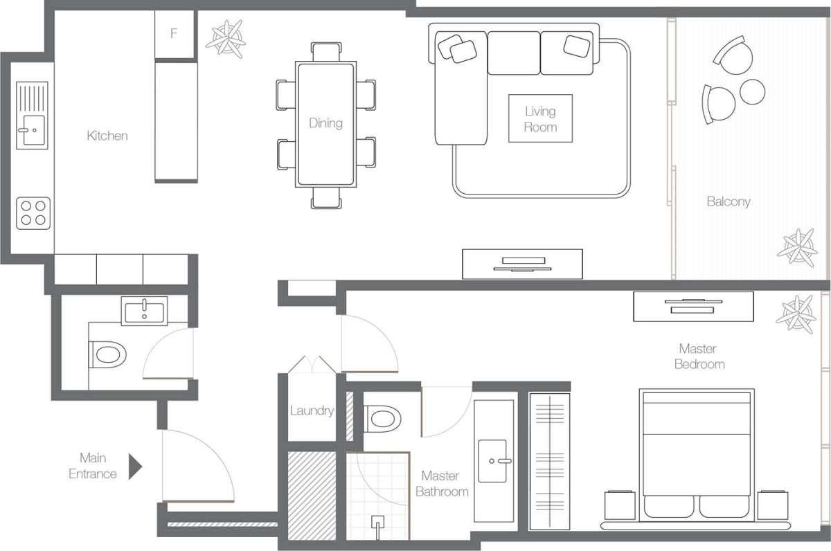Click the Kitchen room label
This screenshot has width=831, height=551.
[x=107, y=136]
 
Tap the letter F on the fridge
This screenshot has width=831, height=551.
[x=174, y=33]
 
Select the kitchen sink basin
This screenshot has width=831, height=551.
[x=34, y=129]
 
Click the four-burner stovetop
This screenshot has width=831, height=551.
[x=33, y=213]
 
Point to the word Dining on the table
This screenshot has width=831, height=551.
[x=325, y=123]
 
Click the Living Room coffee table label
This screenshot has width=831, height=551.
[x=540, y=119]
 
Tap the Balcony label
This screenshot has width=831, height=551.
[x=729, y=201]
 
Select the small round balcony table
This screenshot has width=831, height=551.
[x=752, y=91]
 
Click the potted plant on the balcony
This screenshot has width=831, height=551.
[x=797, y=248]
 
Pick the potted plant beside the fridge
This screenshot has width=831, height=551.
[x=226, y=39]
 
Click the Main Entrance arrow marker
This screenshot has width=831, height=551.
[x=135, y=466]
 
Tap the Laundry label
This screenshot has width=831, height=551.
[x=312, y=410]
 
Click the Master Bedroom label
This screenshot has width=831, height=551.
[x=699, y=356]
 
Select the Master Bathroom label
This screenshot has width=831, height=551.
[x=442, y=484]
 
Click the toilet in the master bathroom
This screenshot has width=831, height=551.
[x=382, y=419]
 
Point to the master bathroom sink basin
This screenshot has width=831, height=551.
[x=492, y=461]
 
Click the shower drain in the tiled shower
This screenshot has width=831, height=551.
[x=377, y=523]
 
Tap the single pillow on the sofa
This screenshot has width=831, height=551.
[x=576, y=46]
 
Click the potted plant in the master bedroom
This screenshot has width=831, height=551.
[x=796, y=314]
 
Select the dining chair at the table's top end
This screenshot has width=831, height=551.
[x=326, y=51]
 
